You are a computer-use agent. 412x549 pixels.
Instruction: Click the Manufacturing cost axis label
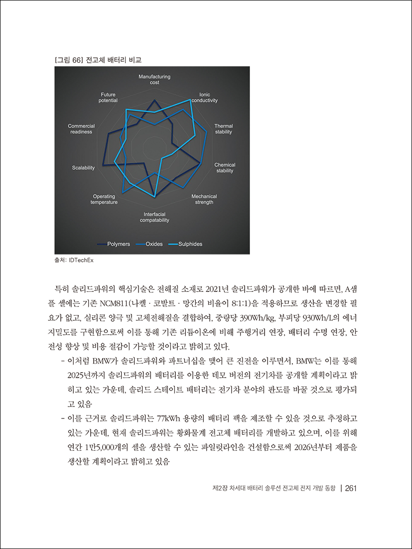[154, 79]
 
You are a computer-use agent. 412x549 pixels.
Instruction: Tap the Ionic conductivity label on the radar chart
[205, 97]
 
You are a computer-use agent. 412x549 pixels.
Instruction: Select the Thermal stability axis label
[223, 129]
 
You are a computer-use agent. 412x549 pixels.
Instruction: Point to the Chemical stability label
[225, 168]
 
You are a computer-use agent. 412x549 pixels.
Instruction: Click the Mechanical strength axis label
[204, 199]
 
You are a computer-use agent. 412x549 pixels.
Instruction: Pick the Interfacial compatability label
[154, 217]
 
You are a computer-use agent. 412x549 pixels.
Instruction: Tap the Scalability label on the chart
[83, 168]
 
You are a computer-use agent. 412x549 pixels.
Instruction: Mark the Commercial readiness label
[81, 129]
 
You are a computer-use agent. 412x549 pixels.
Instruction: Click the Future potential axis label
[108, 97]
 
